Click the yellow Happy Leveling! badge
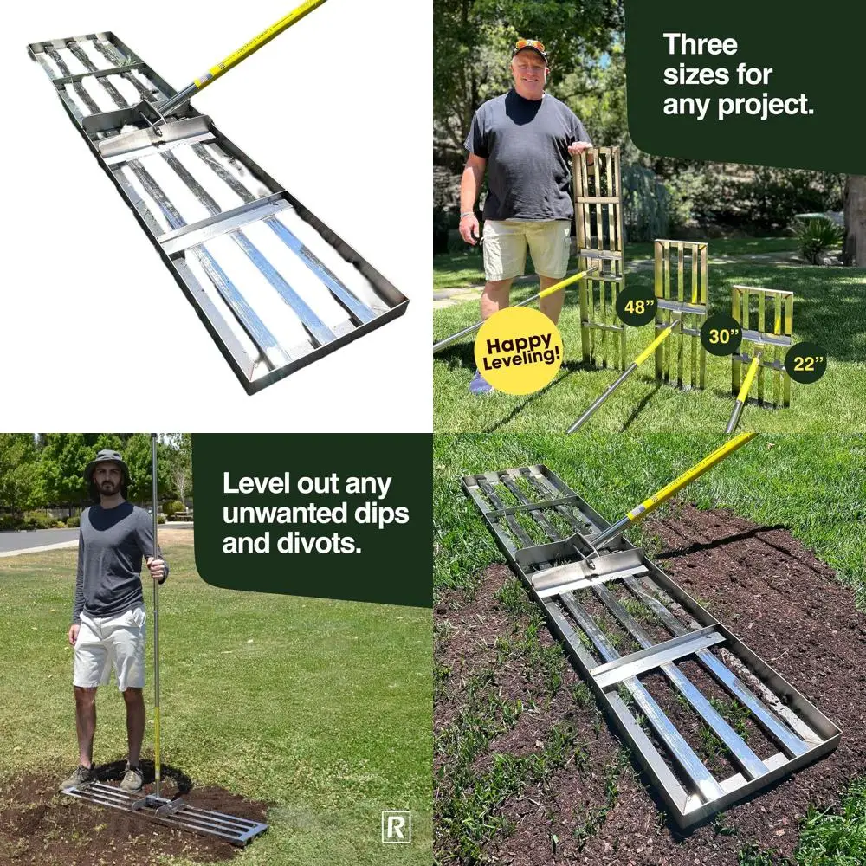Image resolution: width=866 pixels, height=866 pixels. (518, 351)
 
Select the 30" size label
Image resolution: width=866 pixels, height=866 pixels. (721, 334)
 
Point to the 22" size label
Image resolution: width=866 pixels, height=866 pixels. (805, 363)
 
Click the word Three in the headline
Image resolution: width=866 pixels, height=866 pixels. (700, 45)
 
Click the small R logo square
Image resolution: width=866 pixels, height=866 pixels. (396, 828)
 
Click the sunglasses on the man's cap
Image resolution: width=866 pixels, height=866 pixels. (529, 45)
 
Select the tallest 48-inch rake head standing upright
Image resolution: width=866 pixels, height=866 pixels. (598, 251)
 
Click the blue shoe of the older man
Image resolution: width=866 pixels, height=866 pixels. (481, 383)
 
